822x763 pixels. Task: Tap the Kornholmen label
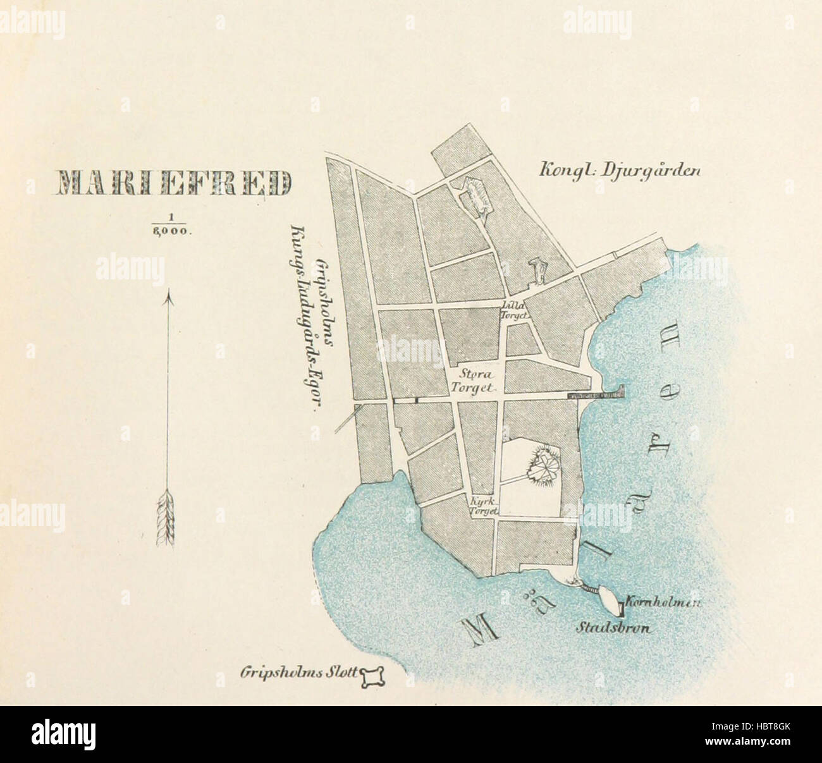662,602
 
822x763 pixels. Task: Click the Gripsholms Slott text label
295,673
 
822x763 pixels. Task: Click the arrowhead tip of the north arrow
168,296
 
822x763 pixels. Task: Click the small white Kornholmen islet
610,599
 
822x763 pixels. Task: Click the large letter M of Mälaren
478,628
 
